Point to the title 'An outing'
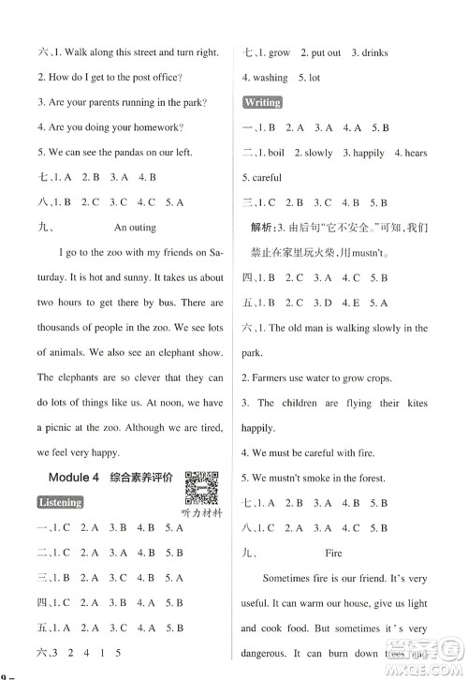pos(137,226)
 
